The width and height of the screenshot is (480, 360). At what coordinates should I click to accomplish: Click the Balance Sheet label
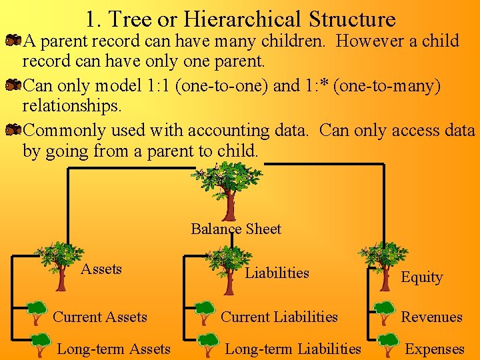(x=236, y=229)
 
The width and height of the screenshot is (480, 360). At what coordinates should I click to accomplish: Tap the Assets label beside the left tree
(x=101, y=269)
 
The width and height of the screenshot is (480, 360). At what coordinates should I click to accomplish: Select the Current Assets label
(x=100, y=317)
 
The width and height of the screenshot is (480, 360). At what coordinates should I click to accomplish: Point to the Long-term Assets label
(x=113, y=349)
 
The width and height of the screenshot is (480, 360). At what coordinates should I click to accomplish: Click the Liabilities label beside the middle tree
(x=277, y=273)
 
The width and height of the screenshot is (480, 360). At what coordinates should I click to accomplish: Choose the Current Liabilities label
(x=279, y=317)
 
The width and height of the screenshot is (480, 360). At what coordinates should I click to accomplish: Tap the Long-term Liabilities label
(x=293, y=349)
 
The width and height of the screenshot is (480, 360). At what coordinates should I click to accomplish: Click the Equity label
(x=421, y=277)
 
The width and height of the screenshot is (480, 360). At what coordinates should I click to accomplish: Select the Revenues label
(x=431, y=317)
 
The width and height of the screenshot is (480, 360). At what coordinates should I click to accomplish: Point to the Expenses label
(x=435, y=349)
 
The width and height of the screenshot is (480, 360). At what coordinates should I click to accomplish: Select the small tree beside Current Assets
(x=37, y=310)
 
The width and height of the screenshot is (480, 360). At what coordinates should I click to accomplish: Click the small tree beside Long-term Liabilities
(x=207, y=344)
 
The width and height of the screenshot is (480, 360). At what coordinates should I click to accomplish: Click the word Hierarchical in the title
(x=259, y=19)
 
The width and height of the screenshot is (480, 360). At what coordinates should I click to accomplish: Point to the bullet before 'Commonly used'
(x=13, y=131)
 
